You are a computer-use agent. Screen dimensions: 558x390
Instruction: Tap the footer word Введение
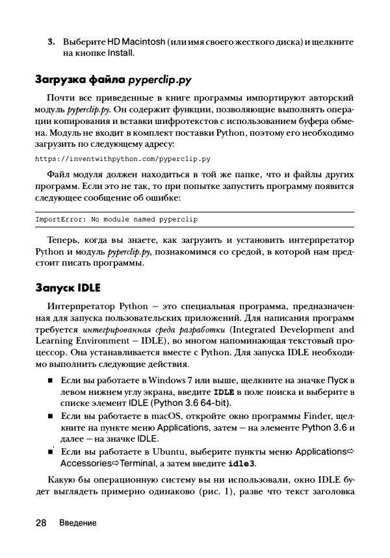[x=77, y=524]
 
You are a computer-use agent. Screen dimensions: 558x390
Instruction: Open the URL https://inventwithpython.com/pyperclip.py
[x=122, y=159]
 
